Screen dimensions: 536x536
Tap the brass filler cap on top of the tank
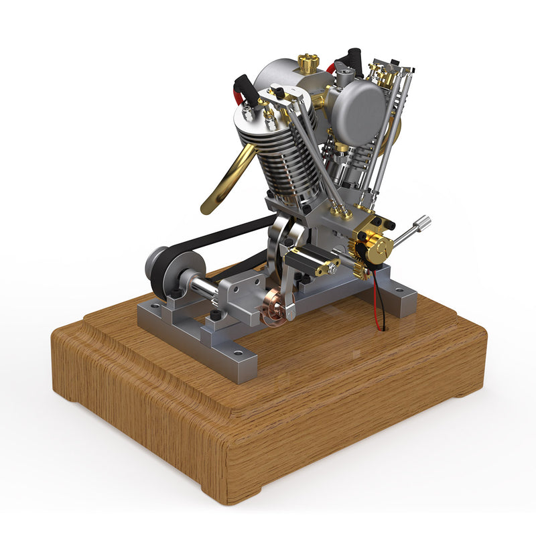coord(308,64)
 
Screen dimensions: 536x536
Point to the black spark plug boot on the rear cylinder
coord(353,60)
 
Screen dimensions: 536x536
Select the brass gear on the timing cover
coord(379,247)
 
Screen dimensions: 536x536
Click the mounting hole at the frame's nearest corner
coord(237,350)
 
